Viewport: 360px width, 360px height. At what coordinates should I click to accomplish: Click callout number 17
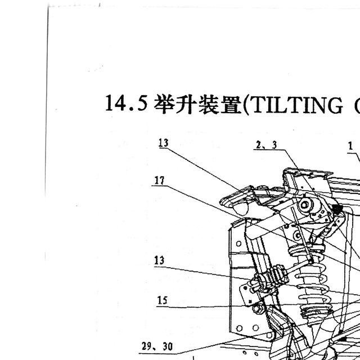coord(159,180)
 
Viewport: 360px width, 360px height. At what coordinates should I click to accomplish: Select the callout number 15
coord(163,300)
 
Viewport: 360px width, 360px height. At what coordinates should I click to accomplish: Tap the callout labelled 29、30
coord(157,346)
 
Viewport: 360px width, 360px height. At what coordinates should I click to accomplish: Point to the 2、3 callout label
coord(266,145)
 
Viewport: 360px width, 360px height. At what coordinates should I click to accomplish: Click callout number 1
coord(350,146)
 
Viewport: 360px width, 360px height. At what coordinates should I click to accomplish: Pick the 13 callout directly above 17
coord(164,143)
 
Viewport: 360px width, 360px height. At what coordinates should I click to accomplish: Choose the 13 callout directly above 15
coord(159,260)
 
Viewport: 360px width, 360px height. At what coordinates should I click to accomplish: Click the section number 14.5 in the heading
coord(126,103)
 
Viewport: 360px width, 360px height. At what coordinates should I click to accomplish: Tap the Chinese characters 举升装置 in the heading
coord(197,105)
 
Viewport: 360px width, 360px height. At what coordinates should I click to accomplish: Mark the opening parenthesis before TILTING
coord(245,105)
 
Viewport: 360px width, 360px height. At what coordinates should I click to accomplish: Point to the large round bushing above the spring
coord(305,205)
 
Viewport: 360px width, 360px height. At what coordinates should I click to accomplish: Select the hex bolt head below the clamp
coord(258,308)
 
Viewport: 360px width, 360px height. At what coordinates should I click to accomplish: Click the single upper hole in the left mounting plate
coord(238,244)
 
